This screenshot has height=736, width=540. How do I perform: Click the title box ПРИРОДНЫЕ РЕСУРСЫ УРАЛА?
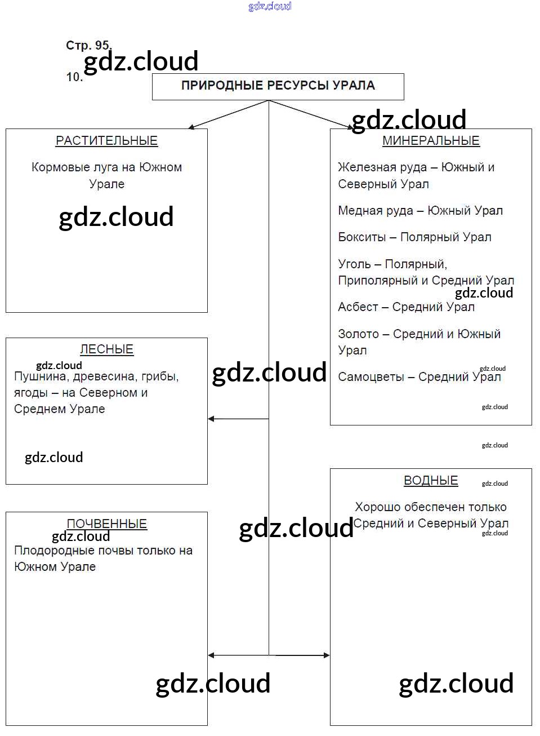(x=278, y=86)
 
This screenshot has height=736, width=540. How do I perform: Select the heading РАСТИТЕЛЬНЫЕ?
(x=106, y=141)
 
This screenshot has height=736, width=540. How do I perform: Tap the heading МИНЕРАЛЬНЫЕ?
(x=431, y=141)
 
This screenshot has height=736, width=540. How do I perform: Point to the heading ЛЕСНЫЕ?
(x=106, y=349)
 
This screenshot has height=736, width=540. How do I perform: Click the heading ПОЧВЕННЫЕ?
(x=106, y=524)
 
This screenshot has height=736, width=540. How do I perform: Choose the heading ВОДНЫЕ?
(x=431, y=481)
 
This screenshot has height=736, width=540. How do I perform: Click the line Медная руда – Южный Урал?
(x=420, y=211)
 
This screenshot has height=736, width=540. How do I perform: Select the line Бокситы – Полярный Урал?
(x=414, y=237)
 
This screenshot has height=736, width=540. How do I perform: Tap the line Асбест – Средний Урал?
(x=406, y=307)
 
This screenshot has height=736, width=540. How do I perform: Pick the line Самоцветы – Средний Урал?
(x=419, y=377)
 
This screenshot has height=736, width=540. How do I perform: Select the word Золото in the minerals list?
(x=358, y=334)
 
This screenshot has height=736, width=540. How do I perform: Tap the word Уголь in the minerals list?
(x=354, y=264)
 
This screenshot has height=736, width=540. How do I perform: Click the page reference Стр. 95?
(x=88, y=45)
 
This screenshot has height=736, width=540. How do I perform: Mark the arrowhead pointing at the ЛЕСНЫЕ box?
(x=211, y=419)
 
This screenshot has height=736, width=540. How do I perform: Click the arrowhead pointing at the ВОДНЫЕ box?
(x=326, y=655)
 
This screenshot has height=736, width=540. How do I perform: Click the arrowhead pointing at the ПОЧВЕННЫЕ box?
(x=211, y=655)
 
